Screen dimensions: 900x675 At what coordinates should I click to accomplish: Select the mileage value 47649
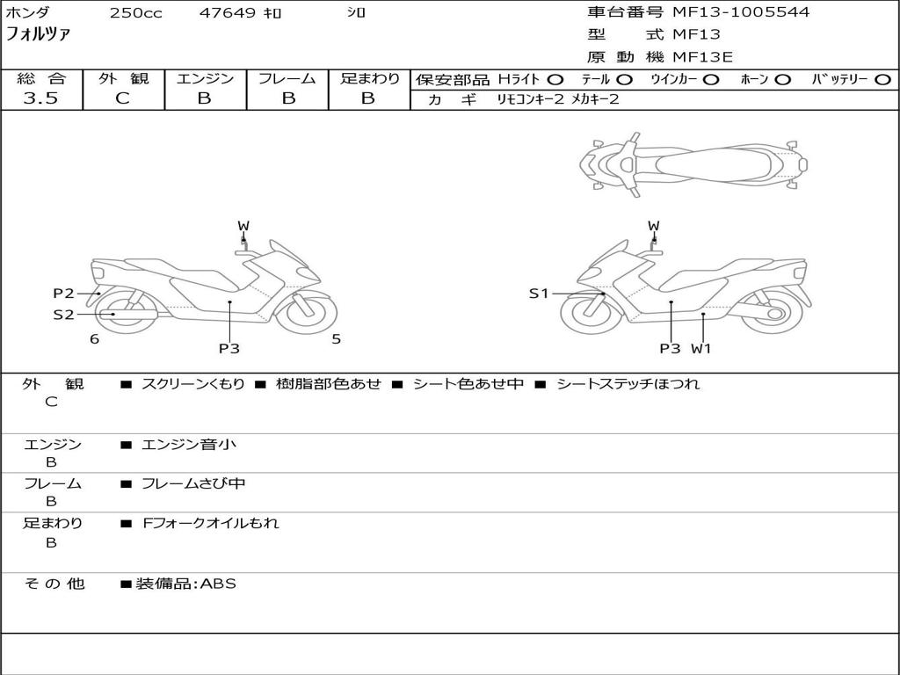228,13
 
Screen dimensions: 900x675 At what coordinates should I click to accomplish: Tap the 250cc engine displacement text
135,13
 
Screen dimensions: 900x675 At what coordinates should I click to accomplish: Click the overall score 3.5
40,98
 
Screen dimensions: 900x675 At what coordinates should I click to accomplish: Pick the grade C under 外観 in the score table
122,98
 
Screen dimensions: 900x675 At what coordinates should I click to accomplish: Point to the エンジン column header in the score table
205,78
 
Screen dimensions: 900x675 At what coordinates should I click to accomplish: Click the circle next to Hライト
555,79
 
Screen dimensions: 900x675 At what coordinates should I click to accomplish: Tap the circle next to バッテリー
882,79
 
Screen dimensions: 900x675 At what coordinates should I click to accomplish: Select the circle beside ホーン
782,79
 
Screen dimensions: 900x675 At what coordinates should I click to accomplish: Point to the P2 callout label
63,294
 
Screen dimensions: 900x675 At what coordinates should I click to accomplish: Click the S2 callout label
63,314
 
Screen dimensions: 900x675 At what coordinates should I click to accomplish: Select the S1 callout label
539,294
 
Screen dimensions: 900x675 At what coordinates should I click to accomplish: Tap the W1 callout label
700,348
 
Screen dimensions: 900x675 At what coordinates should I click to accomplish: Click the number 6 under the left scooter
94,339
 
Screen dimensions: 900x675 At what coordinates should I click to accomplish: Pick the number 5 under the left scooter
336,339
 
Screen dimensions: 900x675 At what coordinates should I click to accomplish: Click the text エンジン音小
189,445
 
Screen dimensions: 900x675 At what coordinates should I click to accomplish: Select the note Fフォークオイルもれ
211,523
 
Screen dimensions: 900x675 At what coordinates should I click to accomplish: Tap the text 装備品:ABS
185,584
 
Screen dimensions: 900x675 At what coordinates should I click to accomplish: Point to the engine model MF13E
703,57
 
